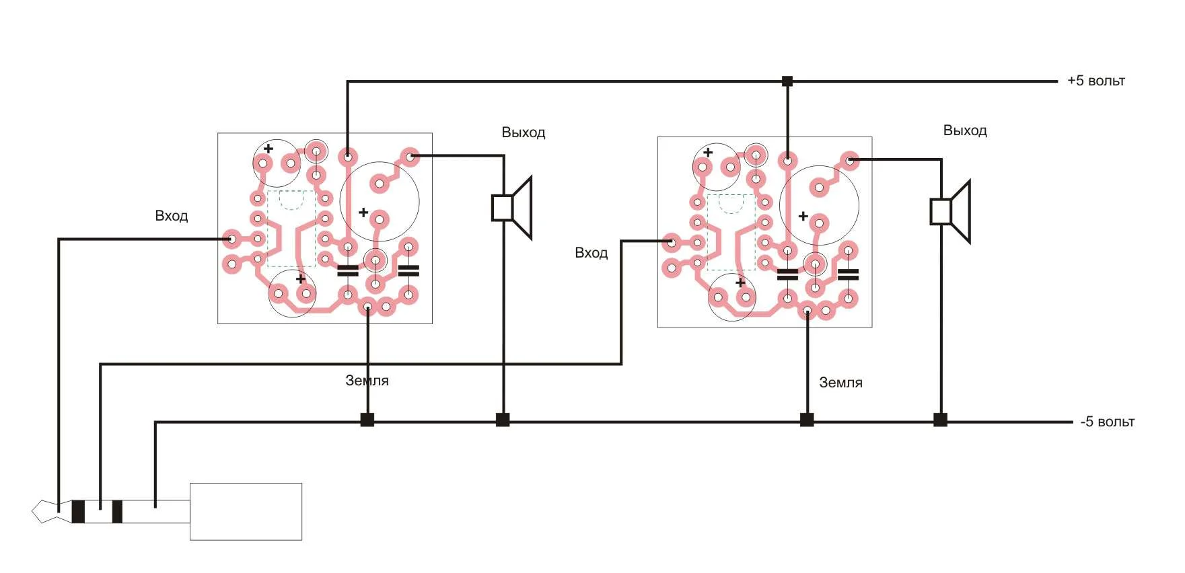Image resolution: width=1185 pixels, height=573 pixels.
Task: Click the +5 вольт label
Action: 1096,81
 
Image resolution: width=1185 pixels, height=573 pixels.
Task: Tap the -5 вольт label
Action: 1107,422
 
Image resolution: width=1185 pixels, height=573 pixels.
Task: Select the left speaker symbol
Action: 513,207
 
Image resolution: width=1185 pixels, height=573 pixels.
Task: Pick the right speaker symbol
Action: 951,211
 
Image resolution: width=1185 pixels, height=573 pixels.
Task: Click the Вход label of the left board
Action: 172,216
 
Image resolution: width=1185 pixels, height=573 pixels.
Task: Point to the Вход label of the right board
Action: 591,253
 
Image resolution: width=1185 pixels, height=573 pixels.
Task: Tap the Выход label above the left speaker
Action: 523,132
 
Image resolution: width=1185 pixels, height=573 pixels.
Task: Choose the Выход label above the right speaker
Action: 964,130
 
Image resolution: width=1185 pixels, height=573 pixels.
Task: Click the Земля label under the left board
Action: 367,381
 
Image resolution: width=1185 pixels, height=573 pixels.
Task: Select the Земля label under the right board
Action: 840,383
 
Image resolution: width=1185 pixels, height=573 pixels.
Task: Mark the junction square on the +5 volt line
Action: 787,81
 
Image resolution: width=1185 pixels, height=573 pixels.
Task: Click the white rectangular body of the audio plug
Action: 246,511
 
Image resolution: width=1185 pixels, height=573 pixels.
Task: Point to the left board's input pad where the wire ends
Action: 231,238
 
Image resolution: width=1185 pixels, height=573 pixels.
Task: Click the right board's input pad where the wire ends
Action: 671,241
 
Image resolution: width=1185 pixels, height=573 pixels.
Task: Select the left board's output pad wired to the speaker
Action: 410,156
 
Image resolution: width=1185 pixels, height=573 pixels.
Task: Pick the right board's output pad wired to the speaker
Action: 850,160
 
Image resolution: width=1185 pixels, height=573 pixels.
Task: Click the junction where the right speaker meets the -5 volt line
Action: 941,420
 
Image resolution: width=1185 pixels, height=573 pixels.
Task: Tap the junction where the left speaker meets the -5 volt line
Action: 503,420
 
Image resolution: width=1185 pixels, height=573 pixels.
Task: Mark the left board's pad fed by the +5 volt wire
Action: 347,157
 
